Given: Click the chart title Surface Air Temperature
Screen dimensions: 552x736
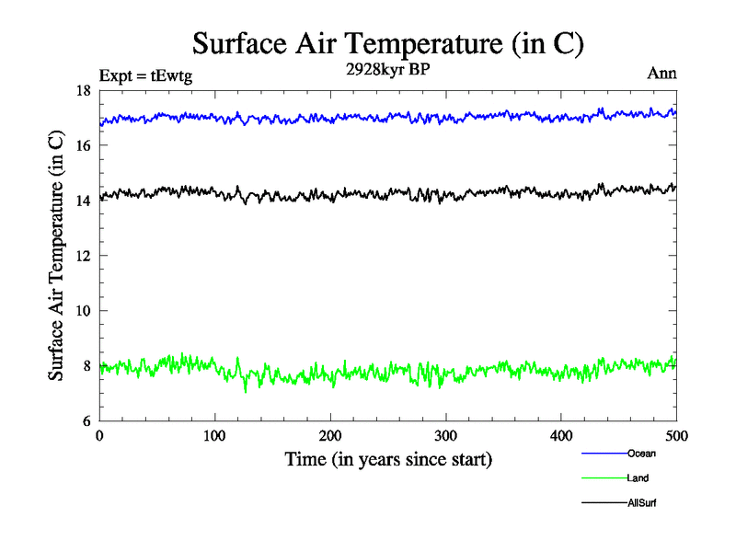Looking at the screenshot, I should tap(387, 43).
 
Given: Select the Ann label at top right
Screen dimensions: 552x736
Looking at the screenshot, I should tap(661, 75).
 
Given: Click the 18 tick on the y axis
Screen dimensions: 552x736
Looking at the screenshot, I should tap(82, 90).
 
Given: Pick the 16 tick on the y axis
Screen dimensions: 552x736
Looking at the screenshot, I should tap(82, 145).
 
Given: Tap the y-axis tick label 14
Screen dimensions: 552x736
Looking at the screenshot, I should tap(82, 201).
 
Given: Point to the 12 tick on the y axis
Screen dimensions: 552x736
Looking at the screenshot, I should tap(82, 256).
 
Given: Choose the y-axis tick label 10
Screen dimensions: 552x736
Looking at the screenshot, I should tap(82, 311).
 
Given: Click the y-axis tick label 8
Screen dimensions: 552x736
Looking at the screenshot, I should tap(85, 366).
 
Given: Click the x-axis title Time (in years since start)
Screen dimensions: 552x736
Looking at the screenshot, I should tap(387, 459).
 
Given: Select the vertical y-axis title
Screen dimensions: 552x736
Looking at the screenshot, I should tap(56, 256).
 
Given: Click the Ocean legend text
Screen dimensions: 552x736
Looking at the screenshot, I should tap(641, 454).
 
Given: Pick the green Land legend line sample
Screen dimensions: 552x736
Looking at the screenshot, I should tap(604, 478).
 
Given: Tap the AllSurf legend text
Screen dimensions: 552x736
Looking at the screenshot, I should tap(642, 503).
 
